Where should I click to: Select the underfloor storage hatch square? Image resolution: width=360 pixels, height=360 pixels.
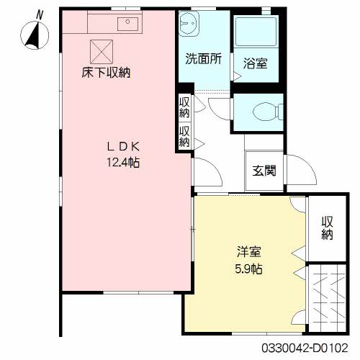coord(101,50)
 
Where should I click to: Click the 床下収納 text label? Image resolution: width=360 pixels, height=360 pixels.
coord(105,72)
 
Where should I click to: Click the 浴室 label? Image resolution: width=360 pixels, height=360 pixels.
coord(256,64)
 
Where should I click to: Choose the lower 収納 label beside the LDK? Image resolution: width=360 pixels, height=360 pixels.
coord(185,137)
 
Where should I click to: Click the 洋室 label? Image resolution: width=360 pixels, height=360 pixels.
coord(249,253)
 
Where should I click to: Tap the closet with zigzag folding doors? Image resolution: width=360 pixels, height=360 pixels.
coord(328,294)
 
